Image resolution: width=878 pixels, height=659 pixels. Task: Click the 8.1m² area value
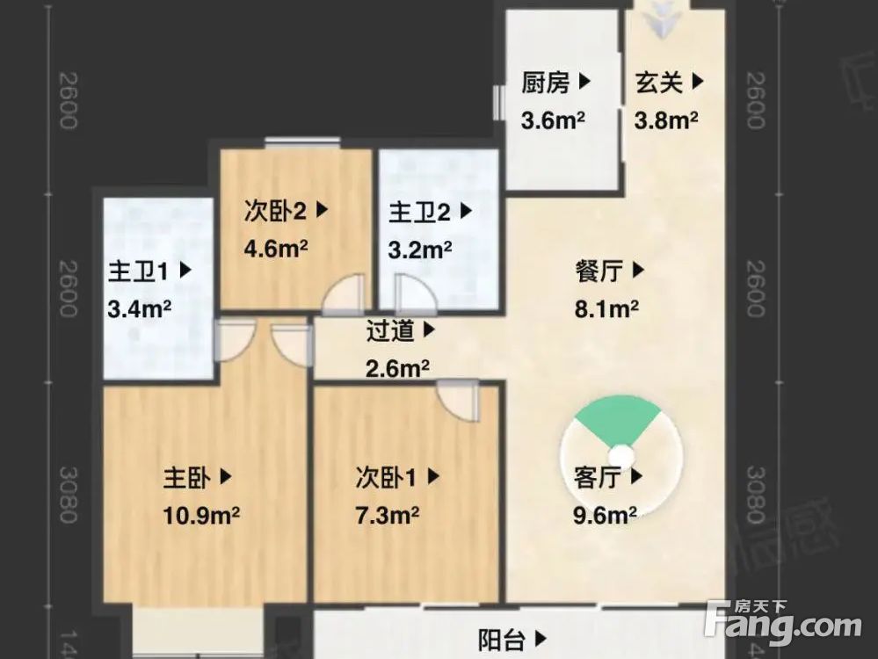click(x=606, y=309)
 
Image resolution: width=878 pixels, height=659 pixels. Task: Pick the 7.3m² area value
click(x=387, y=515)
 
